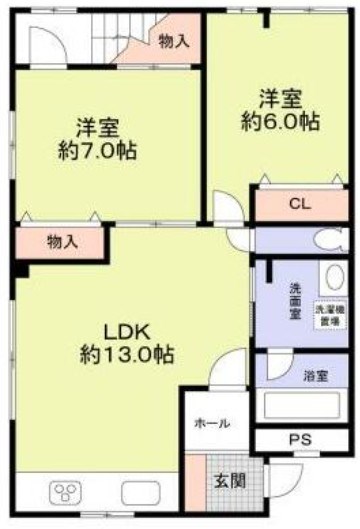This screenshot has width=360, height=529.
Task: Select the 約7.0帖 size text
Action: pyautogui.click(x=98, y=152)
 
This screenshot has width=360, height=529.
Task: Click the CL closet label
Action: pyautogui.click(x=300, y=204)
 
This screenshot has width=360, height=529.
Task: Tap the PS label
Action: pyautogui.click(x=300, y=439)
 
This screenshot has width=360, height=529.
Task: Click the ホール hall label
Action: pyautogui.click(x=212, y=423)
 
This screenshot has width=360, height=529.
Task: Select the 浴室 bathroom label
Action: pyautogui.click(x=317, y=376)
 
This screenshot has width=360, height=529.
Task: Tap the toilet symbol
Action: pyautogui.click(x=327, y=240)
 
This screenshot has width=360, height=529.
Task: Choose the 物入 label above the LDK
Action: pyautogui.click(x=60, y=241)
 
